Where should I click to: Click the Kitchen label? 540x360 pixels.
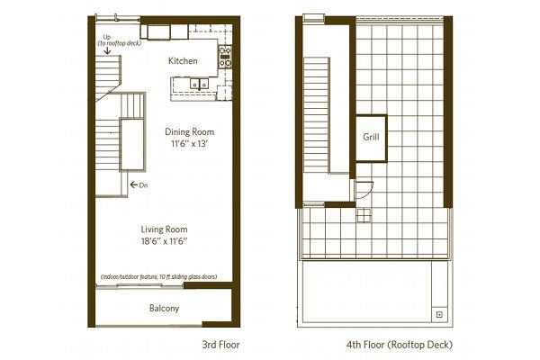[x=183, y=61]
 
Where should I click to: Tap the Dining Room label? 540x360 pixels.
[x=189, y=131]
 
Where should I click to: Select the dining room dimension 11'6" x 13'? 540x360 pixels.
[x=189, y=144]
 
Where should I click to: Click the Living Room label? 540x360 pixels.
[x=164, y=229]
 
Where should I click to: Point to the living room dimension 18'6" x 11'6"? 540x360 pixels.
[x=164, y=241]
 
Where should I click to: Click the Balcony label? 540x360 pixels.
[x=165, y=308]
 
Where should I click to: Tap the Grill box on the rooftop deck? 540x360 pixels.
[x=371, y=138]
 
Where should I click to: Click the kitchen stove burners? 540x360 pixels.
[x=225, y=56]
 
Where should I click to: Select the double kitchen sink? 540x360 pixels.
[x=199, y=84]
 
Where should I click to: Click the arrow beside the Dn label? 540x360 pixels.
[x=134, y=185]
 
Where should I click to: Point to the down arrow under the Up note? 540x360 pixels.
[x=107, y=50]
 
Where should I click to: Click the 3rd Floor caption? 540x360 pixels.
[x=220, y=345]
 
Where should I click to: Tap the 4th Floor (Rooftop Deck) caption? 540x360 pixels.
[x=400, y=345]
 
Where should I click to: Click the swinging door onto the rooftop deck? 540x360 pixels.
[x=364, y=190]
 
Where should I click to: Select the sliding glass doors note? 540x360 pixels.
[x=158, y=277]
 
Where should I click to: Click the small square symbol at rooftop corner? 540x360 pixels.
[x=439, y=314]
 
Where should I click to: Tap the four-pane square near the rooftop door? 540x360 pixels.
[x=364, y=216]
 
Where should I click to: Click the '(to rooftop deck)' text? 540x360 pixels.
[x=120, y=43]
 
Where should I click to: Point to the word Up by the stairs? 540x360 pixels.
[x=107, y=37]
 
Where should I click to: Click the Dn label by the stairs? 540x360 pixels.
[x=144, y=185]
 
